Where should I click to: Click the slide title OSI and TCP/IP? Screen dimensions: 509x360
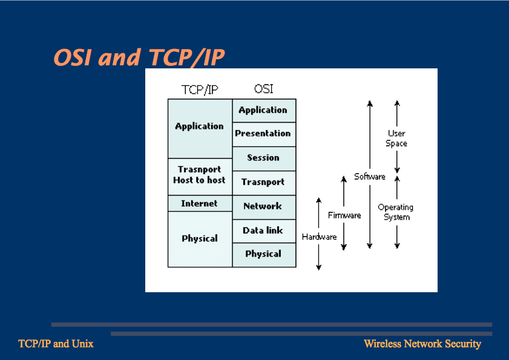tap(139, 57)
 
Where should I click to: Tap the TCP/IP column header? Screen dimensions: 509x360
tap(200, 90)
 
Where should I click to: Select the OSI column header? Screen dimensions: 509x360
tap(264, 88)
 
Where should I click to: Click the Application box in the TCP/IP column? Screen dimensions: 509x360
tap(200, 128)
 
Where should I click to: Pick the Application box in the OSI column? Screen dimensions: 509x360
tap(264, 111)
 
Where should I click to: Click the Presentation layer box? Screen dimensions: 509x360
tap(264, 134)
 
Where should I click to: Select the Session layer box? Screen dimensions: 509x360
tap(264, 159)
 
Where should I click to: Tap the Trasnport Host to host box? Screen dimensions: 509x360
tap(200, 177)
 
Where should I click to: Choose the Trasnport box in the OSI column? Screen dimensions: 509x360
tap(264, 183)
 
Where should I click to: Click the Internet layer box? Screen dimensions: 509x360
tap(200, 203)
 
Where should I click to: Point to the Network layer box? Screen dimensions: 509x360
tap(264, 207)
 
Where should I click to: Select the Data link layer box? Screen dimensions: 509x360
tap(264, 231)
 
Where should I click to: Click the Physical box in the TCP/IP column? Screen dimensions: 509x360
tap(200, 239)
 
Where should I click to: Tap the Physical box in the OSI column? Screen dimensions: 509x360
tap(264, 255)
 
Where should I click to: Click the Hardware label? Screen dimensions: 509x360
tap(319, 237)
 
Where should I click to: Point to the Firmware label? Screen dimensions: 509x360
tap(344, 215)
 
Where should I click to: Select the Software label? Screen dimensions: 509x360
tap(370, 177)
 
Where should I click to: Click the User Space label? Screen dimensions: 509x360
tap(396, 139)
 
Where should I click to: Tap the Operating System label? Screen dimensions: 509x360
tap(396, 212)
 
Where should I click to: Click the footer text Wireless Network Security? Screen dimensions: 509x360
tap(422, 344)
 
